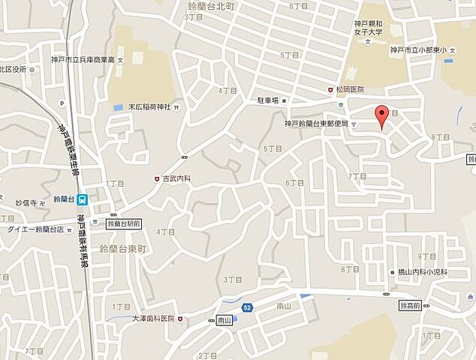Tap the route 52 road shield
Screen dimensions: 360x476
[247, 307]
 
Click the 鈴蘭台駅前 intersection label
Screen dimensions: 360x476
[125, 223]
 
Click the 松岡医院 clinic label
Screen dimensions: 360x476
[351, 90]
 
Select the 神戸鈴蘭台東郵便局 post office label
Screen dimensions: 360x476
[315, 122]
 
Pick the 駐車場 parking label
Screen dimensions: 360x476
[269, 100]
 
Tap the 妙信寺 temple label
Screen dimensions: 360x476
[26, 202]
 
